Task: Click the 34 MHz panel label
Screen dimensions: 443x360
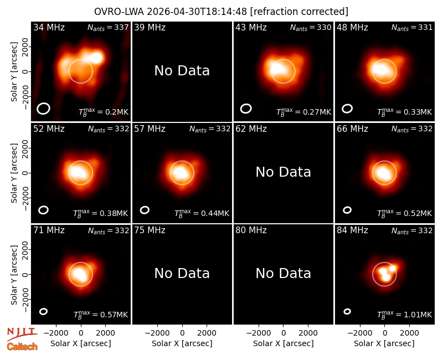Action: coord(49,27)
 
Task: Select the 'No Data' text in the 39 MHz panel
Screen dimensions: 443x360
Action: coord(182,71)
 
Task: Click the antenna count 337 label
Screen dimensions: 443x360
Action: coord(108,27)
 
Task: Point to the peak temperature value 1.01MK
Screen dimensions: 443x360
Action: coord(405,314)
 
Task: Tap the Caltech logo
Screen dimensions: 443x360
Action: coord(22,347)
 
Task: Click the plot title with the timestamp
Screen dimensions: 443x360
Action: coord(221,12)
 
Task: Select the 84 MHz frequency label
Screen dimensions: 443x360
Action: coord(352,230)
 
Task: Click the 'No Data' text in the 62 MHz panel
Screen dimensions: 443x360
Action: coord(284,172)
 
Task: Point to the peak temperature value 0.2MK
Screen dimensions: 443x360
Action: coord(104,112)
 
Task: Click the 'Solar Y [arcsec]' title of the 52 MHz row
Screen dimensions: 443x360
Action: coord(14,173)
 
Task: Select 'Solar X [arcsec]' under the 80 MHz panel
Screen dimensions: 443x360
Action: coord(284,343)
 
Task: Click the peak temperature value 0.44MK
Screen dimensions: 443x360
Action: coord(202,213)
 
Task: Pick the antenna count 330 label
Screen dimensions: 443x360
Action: coord(311,27)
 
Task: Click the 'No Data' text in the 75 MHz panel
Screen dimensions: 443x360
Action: coord(182,273)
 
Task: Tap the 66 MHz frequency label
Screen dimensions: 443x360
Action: coord(352,129)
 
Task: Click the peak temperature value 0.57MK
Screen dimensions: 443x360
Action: coord(101,314)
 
